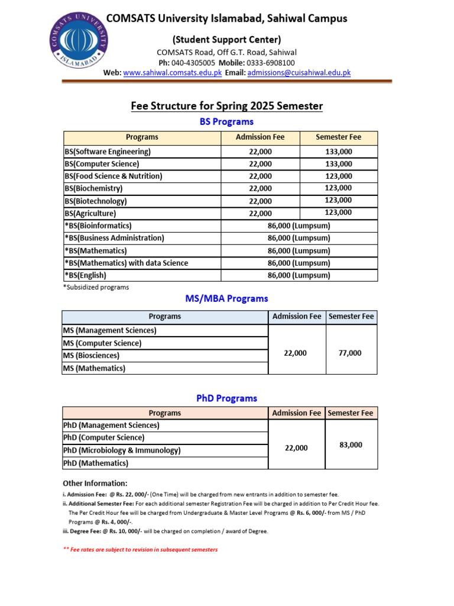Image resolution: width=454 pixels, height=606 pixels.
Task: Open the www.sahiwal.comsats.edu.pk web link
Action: point(173,73)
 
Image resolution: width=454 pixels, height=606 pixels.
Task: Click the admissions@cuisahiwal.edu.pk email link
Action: point(299,73)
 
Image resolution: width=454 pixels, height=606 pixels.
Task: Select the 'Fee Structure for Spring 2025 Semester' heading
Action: point(226,106)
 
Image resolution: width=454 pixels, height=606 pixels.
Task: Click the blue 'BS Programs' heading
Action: point(226,121)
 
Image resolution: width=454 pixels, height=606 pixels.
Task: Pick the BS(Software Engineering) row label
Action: point(108,152)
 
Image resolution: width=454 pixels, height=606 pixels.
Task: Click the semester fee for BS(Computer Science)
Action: point(338,164)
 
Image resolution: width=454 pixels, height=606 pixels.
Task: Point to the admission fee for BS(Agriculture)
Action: point(260,214)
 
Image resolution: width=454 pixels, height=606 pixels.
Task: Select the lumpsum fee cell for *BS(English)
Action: point(299,275)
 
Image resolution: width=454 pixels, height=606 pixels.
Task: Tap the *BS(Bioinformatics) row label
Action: point(98,226)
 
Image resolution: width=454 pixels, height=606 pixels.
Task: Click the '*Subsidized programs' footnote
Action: point(96,287)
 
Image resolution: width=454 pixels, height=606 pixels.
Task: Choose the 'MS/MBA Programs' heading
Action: point(226,299)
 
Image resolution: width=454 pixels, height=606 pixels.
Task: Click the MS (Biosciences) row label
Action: point(91,356)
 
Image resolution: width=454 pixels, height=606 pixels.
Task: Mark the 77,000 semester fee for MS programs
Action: point(350,353)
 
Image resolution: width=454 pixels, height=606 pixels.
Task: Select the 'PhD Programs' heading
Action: point(226,398)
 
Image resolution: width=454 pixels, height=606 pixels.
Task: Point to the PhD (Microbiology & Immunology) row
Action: point(122,450)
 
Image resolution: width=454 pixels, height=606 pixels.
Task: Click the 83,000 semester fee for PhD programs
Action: point(351,445)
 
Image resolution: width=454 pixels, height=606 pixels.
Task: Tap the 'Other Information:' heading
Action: point(95,483)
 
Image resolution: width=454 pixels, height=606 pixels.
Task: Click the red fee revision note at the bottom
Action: point(140,550)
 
